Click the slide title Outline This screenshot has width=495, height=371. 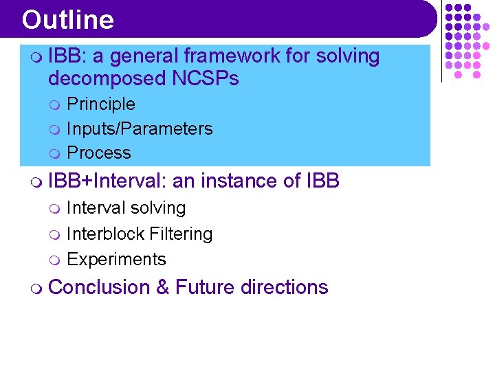click(x=67, y=20)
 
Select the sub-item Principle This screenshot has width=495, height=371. click(x=100, y=104)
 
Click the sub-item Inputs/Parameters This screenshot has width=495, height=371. click(x=140, y=128)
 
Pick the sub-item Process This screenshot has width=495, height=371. click(x=98, y=153)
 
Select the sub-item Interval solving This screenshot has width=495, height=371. click(x=126, y=207)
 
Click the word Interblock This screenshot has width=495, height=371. click(x=98, y=234)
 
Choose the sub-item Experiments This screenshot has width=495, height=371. click(x=116, y=259)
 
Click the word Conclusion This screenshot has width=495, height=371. click(x=99, y=286)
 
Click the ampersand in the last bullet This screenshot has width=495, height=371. click(x=162, y=286)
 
